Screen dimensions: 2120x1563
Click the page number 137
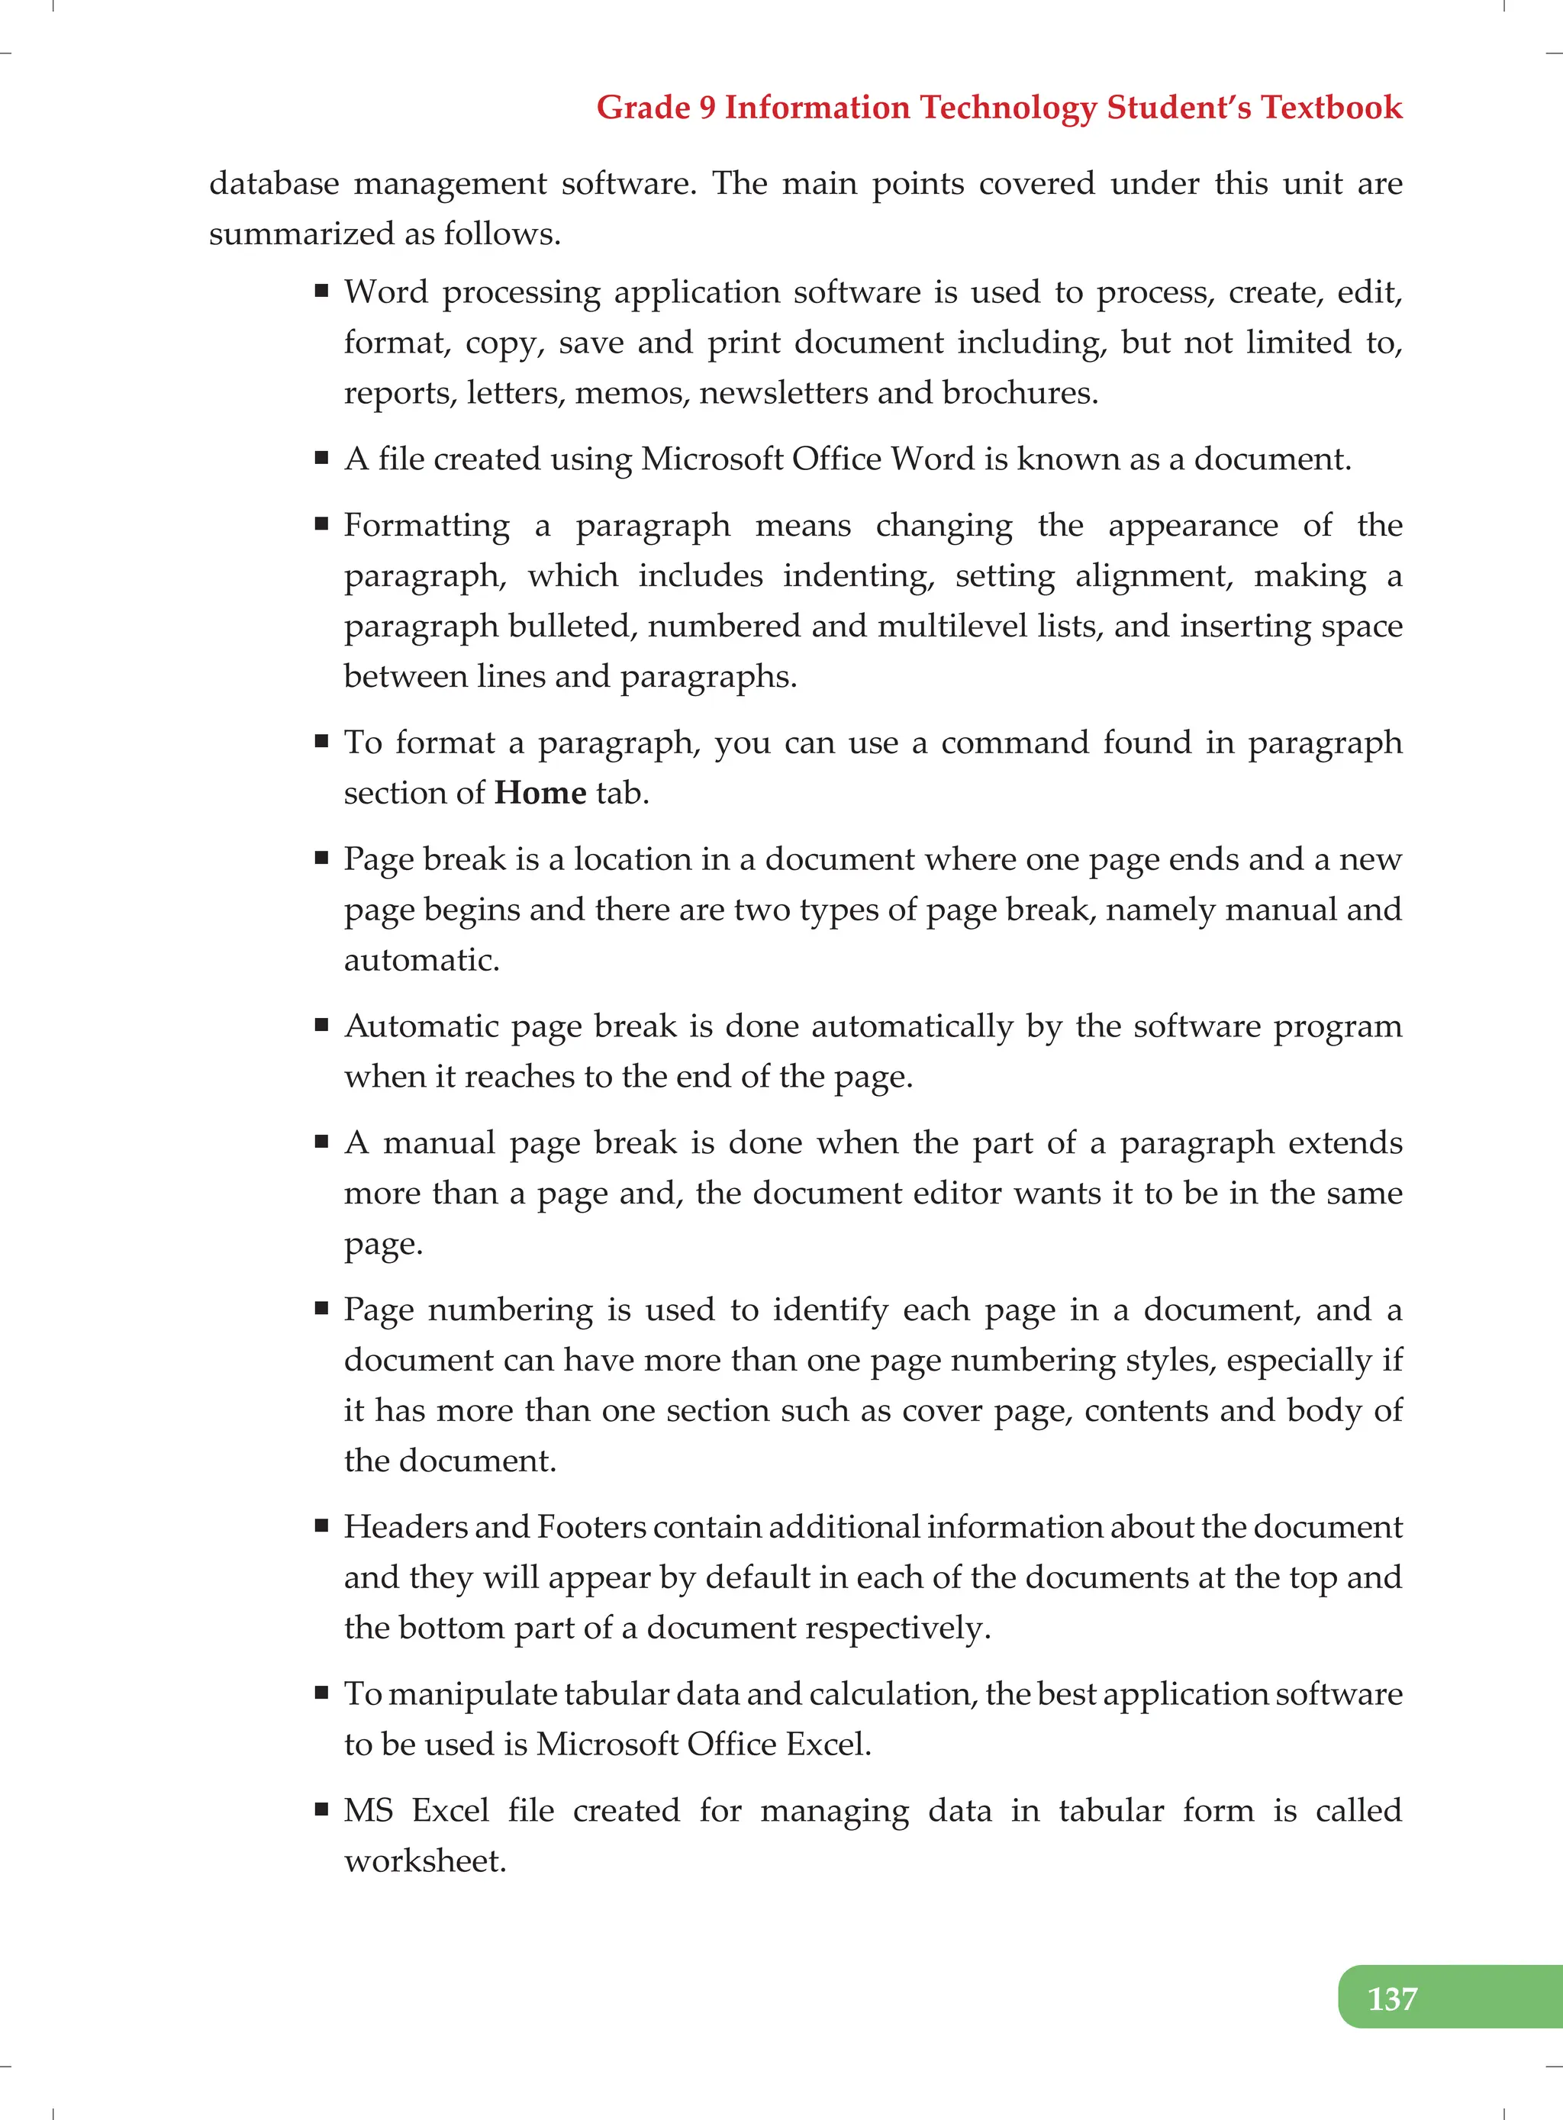[x=1392, y=1998]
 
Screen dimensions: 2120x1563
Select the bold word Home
[x=540, y=793]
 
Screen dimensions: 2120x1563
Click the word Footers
[x=591, y=1527]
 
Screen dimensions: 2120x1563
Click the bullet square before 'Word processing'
[x=322, y=292]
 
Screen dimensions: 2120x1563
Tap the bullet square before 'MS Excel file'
[x=322, y=1809]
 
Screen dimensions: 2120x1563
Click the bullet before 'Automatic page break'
[x=322, y=1025]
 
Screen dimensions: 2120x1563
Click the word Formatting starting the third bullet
[x=426, y=525]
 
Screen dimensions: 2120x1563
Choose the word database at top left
[x=273, y=183]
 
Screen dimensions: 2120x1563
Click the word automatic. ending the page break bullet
[x=421, y=960]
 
